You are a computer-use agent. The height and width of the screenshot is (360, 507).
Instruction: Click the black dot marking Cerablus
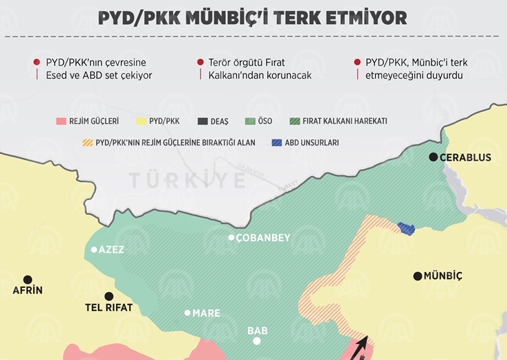coord(433,157)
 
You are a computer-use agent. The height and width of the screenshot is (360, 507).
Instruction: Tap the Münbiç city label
coord(443,276)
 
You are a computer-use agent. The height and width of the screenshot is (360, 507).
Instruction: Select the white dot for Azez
coord(94,249)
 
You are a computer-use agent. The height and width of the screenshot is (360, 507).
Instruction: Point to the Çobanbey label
coord(264,238)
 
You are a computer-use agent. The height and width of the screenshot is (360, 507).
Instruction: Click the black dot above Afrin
coord(27,279)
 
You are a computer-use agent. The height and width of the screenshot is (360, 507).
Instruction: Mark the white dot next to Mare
coord(187,313)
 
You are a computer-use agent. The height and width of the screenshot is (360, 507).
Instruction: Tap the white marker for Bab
coord(257,341)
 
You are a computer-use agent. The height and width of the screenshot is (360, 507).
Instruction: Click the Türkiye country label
coord(188,181)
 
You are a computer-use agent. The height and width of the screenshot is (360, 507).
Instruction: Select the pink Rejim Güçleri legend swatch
coord(61,122)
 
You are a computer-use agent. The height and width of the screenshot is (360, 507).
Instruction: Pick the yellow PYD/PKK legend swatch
coord(144,122)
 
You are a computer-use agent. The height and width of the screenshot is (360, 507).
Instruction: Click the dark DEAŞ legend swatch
coord(204,122)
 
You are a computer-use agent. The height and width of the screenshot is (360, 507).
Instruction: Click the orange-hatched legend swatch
coord(87,144)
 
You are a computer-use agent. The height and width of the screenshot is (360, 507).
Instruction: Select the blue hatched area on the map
coord(406,228)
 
